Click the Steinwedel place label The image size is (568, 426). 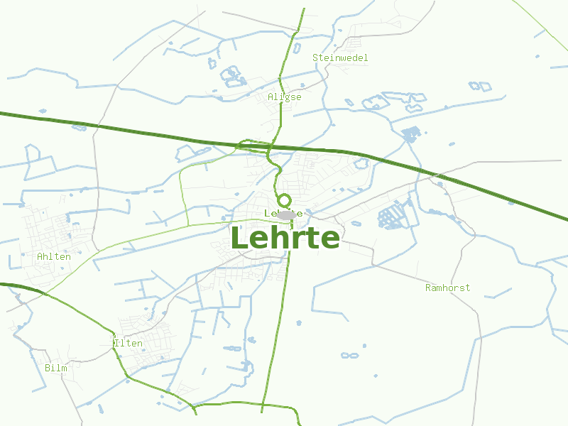340,58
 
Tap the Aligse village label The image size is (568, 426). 285,97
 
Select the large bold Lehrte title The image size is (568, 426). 285,238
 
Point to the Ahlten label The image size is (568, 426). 54,256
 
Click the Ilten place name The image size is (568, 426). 129,344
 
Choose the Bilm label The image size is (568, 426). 55,368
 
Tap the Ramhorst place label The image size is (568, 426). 447,288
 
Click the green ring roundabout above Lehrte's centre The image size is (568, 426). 284,201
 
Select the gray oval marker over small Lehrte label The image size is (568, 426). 287,214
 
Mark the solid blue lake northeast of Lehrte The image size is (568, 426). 411,133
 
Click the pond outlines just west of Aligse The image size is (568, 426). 231,75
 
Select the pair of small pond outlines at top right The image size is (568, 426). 480,87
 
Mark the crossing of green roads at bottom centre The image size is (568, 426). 263,405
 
